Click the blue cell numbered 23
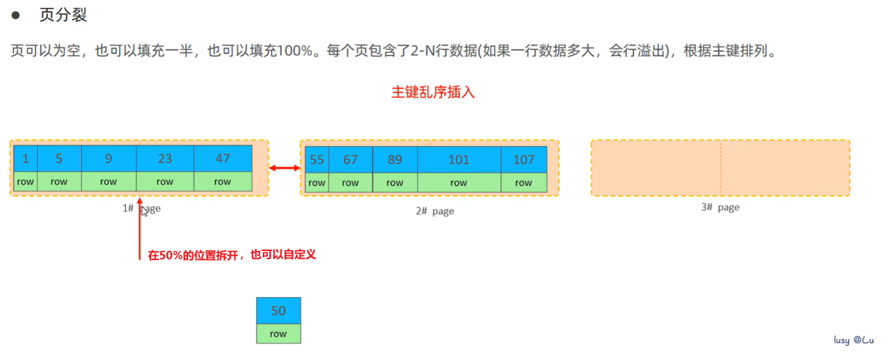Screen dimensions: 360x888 coord(165,159)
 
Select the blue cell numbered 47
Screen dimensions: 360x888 coord(222,159)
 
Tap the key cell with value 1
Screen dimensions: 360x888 coord(26,159)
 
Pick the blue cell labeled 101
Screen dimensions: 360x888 coord(459,159)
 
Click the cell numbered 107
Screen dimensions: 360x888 coord(524,159)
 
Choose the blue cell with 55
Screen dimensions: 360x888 coord(317,159)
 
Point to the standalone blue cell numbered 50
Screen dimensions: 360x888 coord(278,310)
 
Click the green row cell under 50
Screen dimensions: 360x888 coord(278,333)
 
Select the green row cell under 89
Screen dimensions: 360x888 coord(395,182)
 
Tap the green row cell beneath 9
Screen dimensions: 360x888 coord(108,182)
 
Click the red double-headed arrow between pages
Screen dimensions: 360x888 coord(285,168)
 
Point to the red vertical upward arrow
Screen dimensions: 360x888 coord(140,231)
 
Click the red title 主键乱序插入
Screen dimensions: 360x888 coord(433,92)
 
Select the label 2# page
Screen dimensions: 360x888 coord(430,211)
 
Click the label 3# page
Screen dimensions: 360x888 coord(720,208)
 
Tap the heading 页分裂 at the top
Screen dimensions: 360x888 coord(64,15)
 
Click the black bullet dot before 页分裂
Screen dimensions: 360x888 coord(15,15)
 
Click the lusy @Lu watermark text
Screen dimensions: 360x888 coord(854,340)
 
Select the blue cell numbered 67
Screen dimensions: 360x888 coord(350,159)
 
